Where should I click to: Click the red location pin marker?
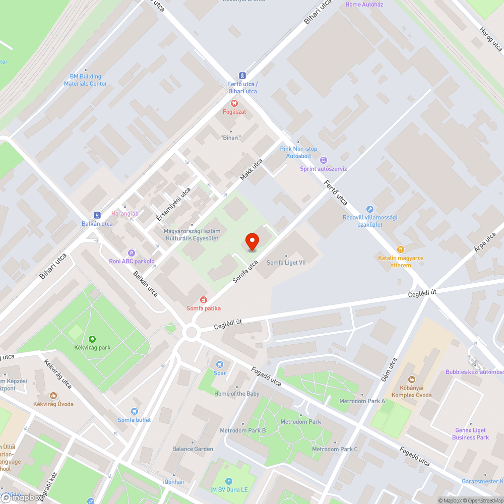[x=251, y=241]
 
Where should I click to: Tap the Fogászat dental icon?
[x=234, y=103]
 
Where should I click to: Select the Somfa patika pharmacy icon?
[x=204, y=299]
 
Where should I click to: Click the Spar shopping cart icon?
[x=219, y=364]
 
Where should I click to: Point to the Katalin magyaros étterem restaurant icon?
[x=401, y=249]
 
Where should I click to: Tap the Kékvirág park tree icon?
[x=92, y=339]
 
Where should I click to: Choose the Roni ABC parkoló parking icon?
[x=132, y=253]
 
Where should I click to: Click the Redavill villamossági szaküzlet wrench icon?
[x=369, y=209]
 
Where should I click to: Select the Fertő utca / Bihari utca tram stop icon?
[x=242, y=75]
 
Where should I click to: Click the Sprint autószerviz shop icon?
[x=324, y=160]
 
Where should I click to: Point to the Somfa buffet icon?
[x=134, y=411]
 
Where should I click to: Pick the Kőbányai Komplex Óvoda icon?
[x=411, y=379]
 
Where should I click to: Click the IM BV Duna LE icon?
[x=229, y=481]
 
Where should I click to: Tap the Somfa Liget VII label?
[x=286, y=263]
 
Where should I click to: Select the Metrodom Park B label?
[x=242, y=431]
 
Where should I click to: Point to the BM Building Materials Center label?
[x=86, y=80]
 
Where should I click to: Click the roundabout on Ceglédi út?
[x=191, y=332]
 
